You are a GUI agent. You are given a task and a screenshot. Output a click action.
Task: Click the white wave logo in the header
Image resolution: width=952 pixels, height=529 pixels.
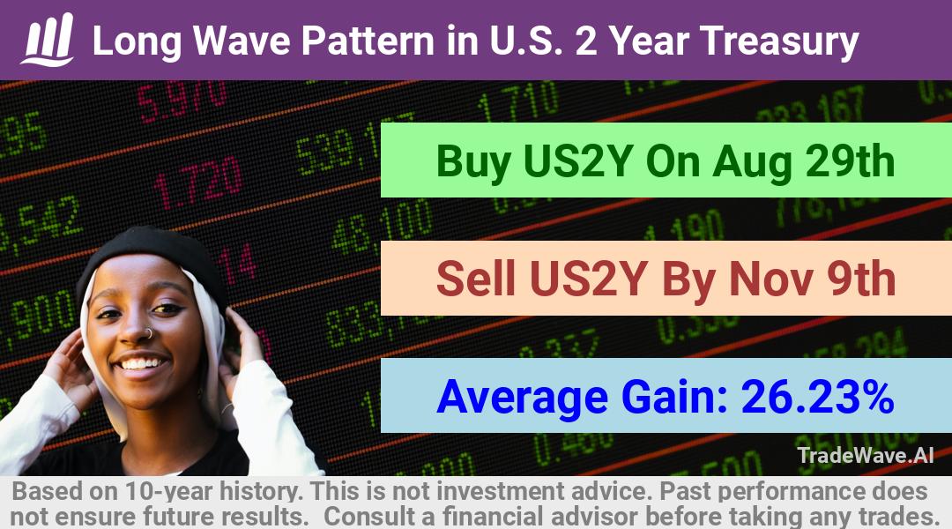48,40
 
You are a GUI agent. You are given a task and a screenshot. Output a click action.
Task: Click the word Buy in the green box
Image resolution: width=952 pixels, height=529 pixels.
473,163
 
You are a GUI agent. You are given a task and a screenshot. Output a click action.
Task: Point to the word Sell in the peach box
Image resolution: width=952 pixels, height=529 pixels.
475,279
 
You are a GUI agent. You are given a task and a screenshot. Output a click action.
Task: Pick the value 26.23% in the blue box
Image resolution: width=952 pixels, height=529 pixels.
817,397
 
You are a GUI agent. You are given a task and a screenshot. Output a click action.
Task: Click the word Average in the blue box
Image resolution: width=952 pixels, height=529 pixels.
522,398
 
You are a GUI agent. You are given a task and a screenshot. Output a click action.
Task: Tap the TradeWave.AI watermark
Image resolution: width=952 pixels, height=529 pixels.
866,455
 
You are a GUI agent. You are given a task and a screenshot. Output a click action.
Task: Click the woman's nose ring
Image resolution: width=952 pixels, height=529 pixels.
147,333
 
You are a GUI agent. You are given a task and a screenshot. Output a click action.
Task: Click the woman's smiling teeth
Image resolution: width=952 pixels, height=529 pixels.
141,364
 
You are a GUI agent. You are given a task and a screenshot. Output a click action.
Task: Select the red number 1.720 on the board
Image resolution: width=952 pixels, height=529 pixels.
198,181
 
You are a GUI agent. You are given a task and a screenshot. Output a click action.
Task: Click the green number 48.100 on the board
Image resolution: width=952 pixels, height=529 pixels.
383,226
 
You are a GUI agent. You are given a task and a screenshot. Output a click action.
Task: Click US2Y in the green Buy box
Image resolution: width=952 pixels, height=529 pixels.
577,161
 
